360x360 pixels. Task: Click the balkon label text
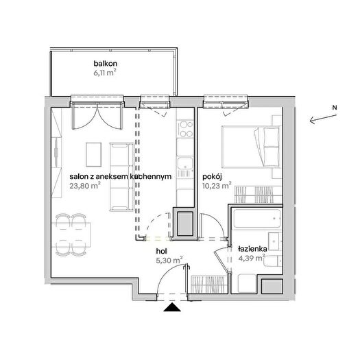105,63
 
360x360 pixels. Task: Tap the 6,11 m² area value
104,73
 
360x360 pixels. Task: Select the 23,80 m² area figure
85,185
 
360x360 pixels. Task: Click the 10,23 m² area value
217,185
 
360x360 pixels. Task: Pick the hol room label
161,251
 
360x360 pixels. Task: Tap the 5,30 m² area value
169,261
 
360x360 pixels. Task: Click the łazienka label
252,249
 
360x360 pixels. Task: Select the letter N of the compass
335,108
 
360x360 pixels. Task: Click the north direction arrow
323,118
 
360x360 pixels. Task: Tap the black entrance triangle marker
172,307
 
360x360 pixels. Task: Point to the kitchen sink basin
185,164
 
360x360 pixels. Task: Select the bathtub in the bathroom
257,218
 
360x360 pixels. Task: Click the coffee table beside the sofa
93,154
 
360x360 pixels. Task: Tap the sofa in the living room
121,176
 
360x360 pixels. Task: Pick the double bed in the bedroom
252,147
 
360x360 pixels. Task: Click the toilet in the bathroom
273,261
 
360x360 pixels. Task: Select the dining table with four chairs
71,235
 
